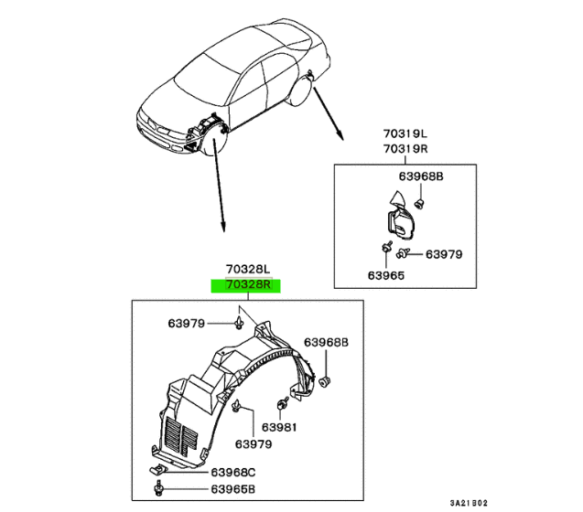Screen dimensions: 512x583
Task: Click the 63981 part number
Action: click(276, 427)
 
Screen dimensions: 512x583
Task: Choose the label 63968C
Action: click(230, 473)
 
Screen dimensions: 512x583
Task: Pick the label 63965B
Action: click(230, 490)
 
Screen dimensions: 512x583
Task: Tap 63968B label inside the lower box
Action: click(327, 342)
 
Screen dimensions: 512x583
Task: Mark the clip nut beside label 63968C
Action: click(157, 471)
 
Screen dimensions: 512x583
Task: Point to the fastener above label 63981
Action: click(282, 402)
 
